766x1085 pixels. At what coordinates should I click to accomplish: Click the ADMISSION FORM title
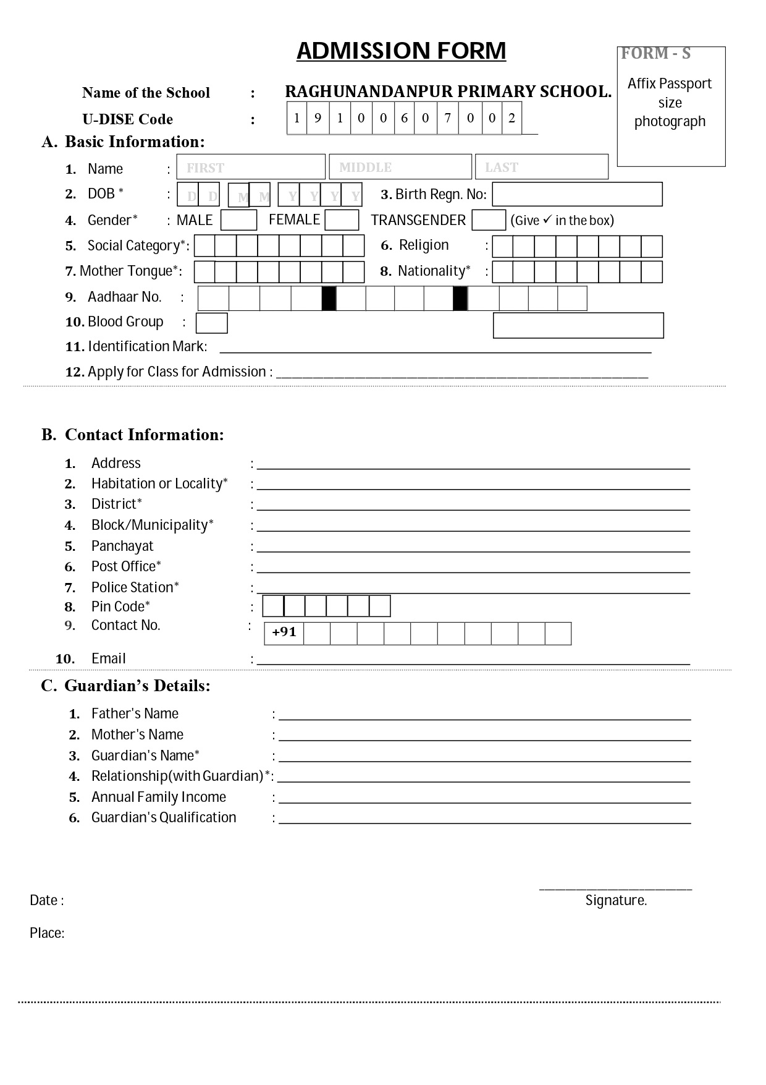[x=401, y=51]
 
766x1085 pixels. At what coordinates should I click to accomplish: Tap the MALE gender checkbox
[x=238, y=220]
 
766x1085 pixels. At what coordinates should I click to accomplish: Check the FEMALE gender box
[x=342, y=220]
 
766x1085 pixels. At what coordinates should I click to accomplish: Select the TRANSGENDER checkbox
[x=488, y=220]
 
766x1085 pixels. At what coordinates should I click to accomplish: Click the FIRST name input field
[x=251, y=167]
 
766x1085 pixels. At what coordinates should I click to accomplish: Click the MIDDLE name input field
[x=400, y=167]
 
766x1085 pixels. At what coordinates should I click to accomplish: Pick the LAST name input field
[x=541, y=167]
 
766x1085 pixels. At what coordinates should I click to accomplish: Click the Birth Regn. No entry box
[x=577, y=194]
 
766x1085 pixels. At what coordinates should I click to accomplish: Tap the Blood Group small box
[x=211, y=323]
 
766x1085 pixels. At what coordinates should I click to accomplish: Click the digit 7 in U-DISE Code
[x=448, y=118]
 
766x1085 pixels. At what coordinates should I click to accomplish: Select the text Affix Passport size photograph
[x=670, y=102]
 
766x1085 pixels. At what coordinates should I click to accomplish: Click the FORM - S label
[x=655, y=54]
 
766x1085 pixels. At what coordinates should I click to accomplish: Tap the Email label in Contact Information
[x=108, y=658]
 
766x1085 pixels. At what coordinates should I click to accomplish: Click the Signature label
[x=616, y=900]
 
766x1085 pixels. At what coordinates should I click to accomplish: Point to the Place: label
[x=47, y=933]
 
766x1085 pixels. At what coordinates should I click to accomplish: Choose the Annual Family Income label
[x=159, y=797]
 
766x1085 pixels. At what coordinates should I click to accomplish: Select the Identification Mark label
[x=147, y=346]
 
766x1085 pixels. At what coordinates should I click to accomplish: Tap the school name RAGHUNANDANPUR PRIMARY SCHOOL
[x=448, y=91]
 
